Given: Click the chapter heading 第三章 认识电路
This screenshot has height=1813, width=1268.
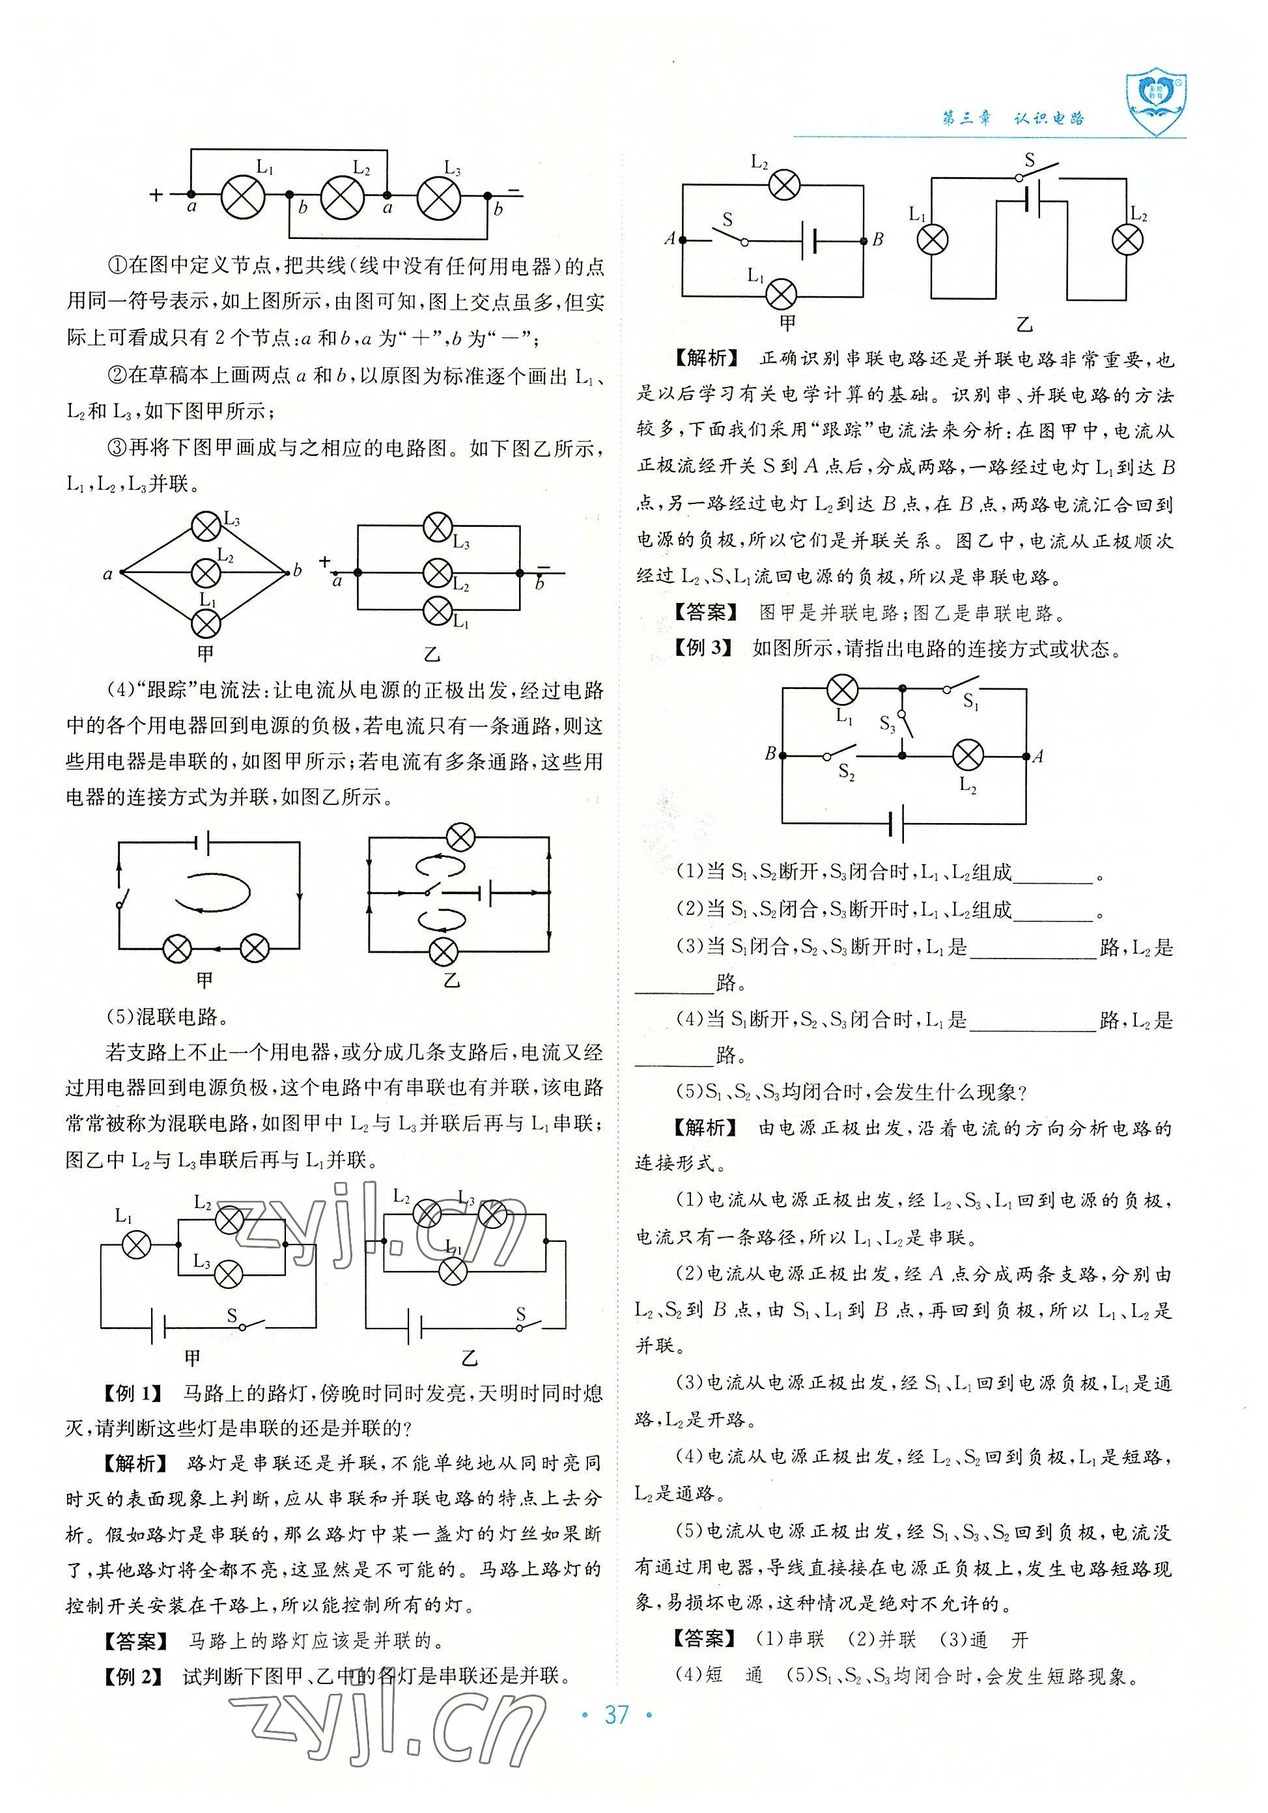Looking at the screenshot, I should click(1013, 119).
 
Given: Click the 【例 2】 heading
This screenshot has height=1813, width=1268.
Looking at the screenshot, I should click(133, 1697).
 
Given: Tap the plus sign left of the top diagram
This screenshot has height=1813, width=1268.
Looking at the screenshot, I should click(156, 194).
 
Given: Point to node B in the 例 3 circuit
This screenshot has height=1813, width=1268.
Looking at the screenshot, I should click(782, 755).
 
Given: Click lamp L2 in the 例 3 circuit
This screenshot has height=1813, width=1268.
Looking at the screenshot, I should click(968, 755).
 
